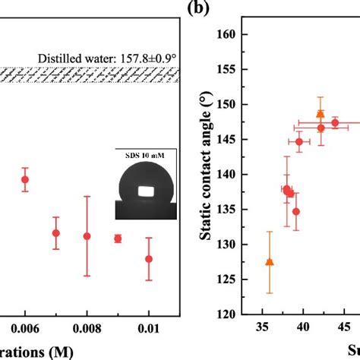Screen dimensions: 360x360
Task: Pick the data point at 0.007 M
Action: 55,233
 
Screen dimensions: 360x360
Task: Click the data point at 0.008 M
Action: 87,236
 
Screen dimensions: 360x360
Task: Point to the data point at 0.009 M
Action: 118,238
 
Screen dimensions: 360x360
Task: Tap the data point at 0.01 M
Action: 149,259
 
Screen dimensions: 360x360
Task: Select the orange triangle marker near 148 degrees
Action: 321,113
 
